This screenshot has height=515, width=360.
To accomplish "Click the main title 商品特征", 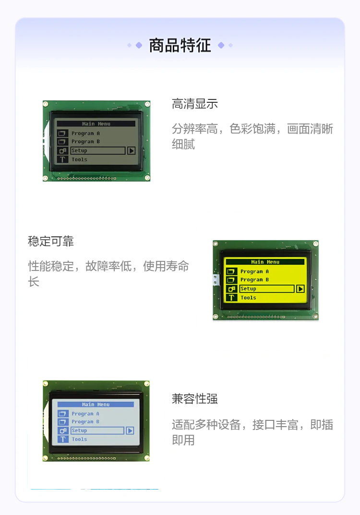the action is point(180,45).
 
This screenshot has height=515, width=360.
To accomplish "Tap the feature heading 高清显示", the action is point(194,104).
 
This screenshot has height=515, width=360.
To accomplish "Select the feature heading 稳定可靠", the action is point(51,241).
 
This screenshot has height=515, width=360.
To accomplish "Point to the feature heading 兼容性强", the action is point(194,399).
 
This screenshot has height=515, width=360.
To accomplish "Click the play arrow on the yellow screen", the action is point(300,289).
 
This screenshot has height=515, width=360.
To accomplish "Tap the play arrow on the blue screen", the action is point(130,430).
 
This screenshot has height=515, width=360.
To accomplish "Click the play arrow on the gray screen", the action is point(131,150).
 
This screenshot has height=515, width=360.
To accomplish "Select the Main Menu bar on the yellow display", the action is point(265,262).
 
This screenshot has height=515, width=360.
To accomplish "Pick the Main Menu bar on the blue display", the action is point(96,405).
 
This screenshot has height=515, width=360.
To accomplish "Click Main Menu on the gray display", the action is point(96,124).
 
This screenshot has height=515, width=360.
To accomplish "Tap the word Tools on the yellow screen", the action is point(249,297).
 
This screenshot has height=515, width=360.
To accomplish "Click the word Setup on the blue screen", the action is point(79,430).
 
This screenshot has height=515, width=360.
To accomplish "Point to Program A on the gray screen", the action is point(85,134).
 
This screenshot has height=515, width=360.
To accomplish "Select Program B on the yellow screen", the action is point(255,280).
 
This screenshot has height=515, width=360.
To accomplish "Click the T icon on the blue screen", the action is point(63,439).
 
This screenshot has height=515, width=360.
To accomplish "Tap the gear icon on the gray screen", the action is point(62,151).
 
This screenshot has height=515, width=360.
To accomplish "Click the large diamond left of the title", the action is point(139,45).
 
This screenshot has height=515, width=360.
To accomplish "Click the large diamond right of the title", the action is point(221,45).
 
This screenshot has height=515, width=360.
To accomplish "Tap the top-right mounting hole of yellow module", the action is point(315,244).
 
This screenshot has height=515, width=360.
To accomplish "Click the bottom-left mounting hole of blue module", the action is point(46,458).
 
